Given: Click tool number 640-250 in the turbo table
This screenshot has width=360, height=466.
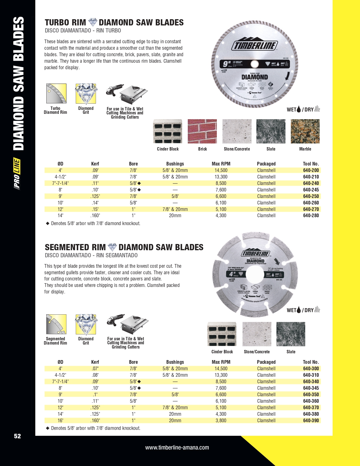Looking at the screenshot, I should [311, 196].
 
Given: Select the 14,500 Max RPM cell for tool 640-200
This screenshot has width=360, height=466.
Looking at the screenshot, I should [221, 170].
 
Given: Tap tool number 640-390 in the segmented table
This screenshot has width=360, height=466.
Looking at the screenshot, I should [311, 421].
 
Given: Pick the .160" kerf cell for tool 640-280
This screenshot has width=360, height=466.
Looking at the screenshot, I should [95, 215].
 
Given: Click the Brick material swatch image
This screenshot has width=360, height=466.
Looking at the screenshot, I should [202, 131].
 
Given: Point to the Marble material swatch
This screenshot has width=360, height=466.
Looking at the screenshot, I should [305, 131].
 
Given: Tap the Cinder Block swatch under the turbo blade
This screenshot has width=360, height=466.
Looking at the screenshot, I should [168, 131].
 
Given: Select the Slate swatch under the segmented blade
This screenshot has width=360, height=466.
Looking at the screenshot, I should [291, 334].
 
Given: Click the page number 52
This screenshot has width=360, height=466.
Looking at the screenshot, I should [18, 436].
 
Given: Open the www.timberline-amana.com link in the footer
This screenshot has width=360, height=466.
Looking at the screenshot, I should [177, 447].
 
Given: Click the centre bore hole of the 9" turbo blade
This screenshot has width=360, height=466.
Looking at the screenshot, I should [254, 64].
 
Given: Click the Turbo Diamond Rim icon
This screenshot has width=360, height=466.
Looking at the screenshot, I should [56, 94].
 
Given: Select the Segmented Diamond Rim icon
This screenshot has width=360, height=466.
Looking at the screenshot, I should [56, 324].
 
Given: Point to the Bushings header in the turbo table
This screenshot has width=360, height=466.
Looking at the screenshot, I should [175, 164].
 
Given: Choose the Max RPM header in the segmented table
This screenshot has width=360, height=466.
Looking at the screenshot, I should [221, 362].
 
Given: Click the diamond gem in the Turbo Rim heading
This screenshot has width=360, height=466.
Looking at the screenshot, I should [93, 22].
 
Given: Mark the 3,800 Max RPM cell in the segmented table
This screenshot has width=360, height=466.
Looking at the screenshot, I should [221, 421].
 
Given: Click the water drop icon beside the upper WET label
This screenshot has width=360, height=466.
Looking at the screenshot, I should [299, 109].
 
